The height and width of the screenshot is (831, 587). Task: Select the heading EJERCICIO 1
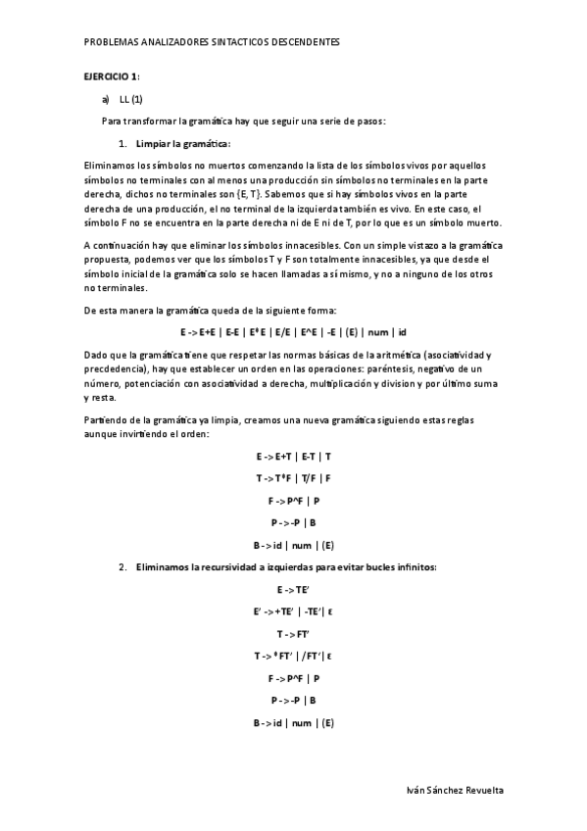click(x=110, y=75)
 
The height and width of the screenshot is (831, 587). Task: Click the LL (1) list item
click(x=131, y=99)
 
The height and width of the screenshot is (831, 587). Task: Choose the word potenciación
click(x=149, y=384)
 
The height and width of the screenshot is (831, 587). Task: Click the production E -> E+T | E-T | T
click(x=293, y=457)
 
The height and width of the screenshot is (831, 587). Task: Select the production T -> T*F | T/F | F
click(x=293, y=478)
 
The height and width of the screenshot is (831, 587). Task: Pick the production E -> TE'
click(x=293, y=590)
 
